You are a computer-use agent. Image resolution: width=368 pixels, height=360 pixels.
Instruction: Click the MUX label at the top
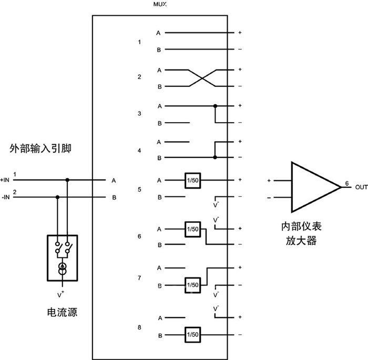click(x=160, y=5)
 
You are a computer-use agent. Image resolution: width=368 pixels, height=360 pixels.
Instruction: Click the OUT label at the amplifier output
click(x=361, y=187)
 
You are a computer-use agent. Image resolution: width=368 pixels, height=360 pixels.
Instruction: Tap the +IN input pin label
click(x=5, y=180)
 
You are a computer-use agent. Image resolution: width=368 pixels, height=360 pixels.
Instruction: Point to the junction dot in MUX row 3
click(x=215, y=106)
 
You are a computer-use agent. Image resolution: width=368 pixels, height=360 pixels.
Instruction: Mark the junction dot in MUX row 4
click(x=215, y=157)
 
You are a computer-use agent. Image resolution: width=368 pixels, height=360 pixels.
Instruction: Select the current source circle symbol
click(x=63, y=268)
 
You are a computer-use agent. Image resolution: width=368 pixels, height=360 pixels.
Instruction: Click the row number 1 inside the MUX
click(x=139, y=41)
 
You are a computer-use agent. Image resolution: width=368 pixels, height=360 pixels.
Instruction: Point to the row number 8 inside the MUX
click(x=139, y=327)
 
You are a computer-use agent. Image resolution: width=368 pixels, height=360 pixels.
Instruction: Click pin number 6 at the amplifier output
click(x=346, y=184)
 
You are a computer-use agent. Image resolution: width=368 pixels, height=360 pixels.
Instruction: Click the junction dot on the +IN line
click(x=67, y=180)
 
